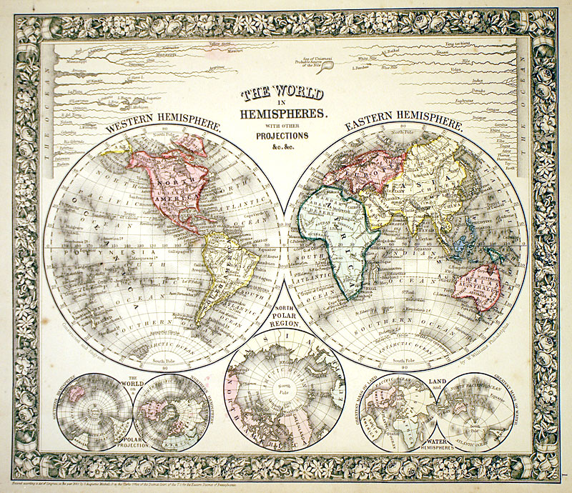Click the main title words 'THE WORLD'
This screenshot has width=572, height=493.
(x=282, y=94)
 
